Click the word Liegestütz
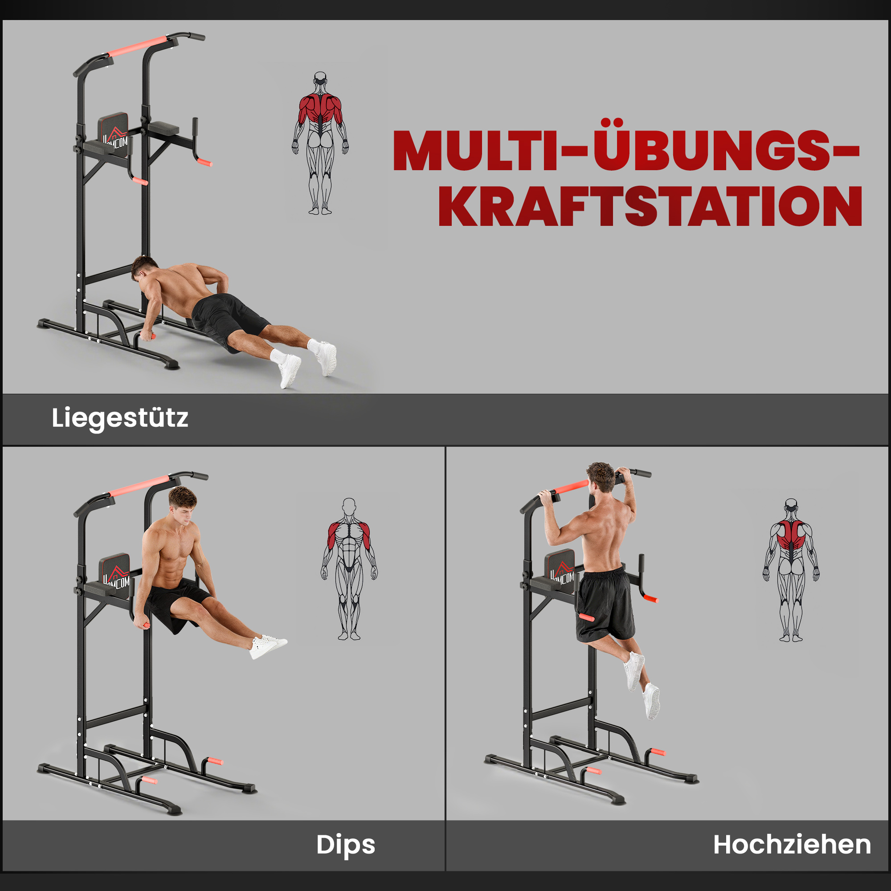[120, 418]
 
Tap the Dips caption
[345, 845]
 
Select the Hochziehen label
[792, 845]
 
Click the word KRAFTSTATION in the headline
[650, 207]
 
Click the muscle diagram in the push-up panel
[320, 143]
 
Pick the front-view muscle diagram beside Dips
[349, 568]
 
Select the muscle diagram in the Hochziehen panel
[791, 570]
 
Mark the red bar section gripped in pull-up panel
[571, 486]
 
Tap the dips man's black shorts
[178, 604]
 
